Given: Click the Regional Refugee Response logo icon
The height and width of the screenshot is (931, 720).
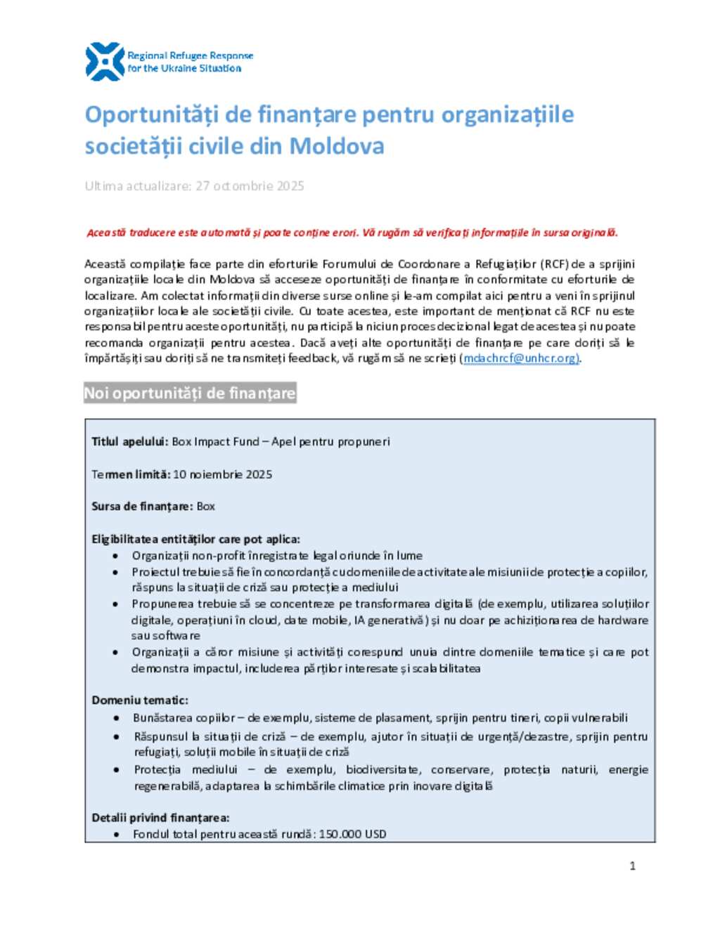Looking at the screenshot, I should coord(104,62).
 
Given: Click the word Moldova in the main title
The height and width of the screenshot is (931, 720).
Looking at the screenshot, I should coord(337,146).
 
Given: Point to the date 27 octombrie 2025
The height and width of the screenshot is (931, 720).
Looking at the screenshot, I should coord(250,186).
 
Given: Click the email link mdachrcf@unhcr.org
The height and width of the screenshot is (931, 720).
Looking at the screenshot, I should coord(520,358).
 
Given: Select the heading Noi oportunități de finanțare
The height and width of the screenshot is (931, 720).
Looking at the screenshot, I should coord(190,393).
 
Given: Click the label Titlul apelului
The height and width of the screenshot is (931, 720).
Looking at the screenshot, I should coord(129,442).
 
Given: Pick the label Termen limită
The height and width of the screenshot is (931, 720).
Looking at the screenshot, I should coord(131,474).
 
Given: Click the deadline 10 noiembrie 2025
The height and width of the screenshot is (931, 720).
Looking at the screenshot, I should coord(222,474).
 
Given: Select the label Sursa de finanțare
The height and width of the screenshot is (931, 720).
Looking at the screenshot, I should coord(142,507).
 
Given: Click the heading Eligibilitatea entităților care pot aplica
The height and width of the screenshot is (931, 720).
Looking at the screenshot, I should coord(195,540).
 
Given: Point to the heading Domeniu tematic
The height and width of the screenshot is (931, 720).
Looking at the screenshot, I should coord(140,701).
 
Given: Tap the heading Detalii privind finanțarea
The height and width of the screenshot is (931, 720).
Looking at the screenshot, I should coord(160,818).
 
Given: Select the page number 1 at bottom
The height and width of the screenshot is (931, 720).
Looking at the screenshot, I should coord(632,866).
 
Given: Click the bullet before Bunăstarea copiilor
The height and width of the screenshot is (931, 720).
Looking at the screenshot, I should coord(117,718).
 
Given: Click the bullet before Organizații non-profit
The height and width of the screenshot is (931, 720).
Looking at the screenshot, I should coord(115,556).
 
